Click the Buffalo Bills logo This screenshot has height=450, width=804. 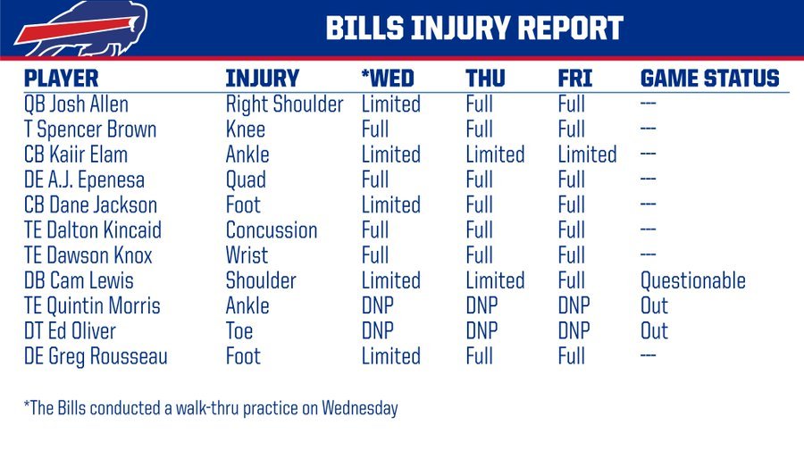point(81,29)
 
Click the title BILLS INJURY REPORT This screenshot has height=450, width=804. point(474,28)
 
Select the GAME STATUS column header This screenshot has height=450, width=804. point(709,79)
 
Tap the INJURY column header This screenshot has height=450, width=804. point(262,79)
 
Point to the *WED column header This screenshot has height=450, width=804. point(387,79)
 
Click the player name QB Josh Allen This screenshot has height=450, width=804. point(76,104)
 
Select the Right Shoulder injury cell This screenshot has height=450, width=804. point(284,104)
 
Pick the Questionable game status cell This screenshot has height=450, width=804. point(692,281)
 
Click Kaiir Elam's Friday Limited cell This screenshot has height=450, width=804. point(587,154)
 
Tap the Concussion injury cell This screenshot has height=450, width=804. point(272,230)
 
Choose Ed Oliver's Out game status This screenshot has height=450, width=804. point(654,331)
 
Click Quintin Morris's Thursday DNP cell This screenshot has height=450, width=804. point(482,306)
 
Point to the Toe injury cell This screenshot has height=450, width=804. point(239,331)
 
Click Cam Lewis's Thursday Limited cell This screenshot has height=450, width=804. point(495,280)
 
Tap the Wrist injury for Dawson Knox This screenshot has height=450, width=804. point(247,255)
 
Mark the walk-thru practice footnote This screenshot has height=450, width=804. point(211,408)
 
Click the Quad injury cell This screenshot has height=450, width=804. point(246,179)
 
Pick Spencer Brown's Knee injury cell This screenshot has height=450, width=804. point(245,129)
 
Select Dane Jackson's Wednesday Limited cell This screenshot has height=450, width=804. point(390,205)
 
